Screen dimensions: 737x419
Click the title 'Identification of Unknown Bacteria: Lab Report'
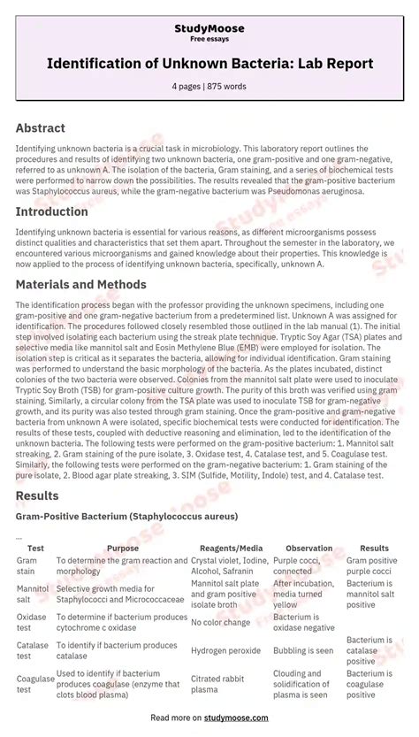click(x=209, y=65)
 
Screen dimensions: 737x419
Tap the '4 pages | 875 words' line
click(x=209, y=87)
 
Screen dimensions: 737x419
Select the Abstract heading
click(x=41, y=128)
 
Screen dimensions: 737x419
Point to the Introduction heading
click(x=51, y=212)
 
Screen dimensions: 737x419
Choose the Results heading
click(x=37, y=495)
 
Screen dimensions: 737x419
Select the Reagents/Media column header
click(x=232, y=549)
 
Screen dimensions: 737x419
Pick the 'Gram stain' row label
click(x=27, y=565)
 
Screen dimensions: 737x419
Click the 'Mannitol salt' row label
click(x=32, y=594)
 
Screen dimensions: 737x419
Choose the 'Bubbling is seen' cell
click(x=303, y=650)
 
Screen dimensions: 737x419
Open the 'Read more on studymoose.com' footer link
click(x=209, y=718)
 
